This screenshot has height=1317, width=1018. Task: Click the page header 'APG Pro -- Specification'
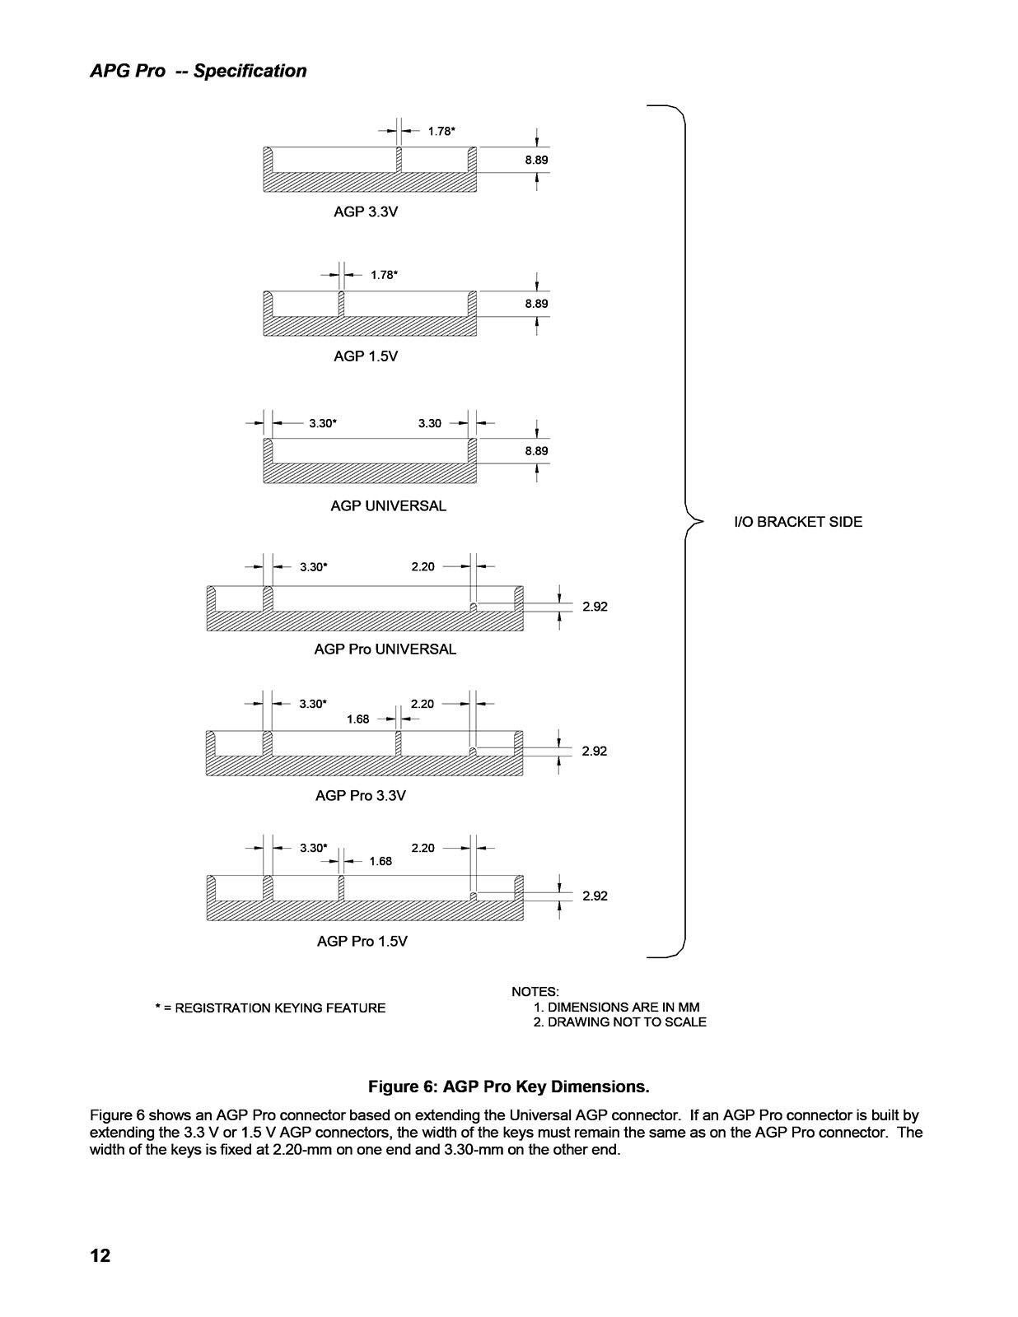click(x=198, y=71)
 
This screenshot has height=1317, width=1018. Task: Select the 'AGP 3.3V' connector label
click(x=366, y=212)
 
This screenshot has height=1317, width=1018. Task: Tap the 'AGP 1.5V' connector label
click(x=366, y=356)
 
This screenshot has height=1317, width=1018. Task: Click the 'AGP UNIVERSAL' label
click(x=388, y=505)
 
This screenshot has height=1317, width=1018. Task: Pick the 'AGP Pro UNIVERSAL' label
click(x=385, y=649)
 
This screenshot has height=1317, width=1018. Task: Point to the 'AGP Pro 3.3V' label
click(x=360, y=795)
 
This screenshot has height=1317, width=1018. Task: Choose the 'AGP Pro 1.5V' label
click(x=362, y=941)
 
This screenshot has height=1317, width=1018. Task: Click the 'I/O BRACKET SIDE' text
click(x=798, y=522)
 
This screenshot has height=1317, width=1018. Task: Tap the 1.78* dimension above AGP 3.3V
click(x=441, y=131)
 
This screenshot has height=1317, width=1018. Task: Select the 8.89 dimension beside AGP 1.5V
click(x=536, y=304)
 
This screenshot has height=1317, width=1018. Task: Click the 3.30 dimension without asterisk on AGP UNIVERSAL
click(x=430, y=423)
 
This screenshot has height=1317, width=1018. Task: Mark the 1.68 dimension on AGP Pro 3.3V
click(x=357, y=719)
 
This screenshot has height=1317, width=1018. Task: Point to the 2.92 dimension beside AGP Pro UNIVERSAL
click(x=595, y=607)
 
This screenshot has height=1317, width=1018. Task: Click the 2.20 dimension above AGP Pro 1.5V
click(x=423, y=848)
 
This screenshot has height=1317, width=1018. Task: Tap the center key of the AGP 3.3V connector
click(x=399, y=160)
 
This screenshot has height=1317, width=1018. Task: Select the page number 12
click(x=100, y=1255)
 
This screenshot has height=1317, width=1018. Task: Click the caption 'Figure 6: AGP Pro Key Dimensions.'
click(x=509, y=1087)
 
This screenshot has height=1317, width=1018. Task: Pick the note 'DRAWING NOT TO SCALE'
click(x=627, y=1021)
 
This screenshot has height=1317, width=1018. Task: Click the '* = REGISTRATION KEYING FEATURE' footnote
click(x=270, y=1008)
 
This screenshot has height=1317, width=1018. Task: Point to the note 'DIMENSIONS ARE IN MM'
click(x=624, y=1008)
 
